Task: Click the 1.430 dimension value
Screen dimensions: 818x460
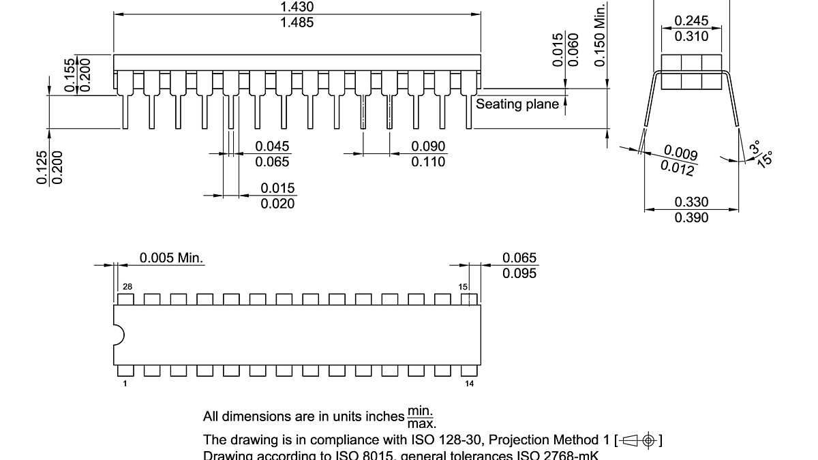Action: [297, 7]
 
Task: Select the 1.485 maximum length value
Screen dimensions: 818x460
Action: [297, 22]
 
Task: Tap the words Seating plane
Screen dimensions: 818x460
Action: [517, 104]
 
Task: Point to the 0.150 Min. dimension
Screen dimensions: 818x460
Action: [600, 34]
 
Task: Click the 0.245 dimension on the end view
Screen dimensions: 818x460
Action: [691, 21]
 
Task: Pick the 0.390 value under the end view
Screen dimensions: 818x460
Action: [691, 217]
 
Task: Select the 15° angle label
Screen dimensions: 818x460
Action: [765, 159]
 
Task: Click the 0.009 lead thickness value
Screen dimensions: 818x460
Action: [680, 152]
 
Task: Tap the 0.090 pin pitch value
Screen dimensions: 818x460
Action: [428, 147]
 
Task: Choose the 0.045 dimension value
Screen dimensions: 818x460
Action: [272, 147]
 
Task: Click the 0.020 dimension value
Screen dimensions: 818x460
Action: [278, 204]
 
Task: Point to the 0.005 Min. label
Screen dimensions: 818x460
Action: [172, 258]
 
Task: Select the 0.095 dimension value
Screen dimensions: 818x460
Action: [519, 273]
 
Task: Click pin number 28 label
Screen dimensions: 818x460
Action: [127, 287]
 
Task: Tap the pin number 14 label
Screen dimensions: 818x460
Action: [469, 384]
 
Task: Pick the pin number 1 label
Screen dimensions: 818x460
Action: [125, 384]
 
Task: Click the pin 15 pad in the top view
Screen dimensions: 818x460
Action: [468, 299]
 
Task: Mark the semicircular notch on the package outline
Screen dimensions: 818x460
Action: [119, 335]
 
